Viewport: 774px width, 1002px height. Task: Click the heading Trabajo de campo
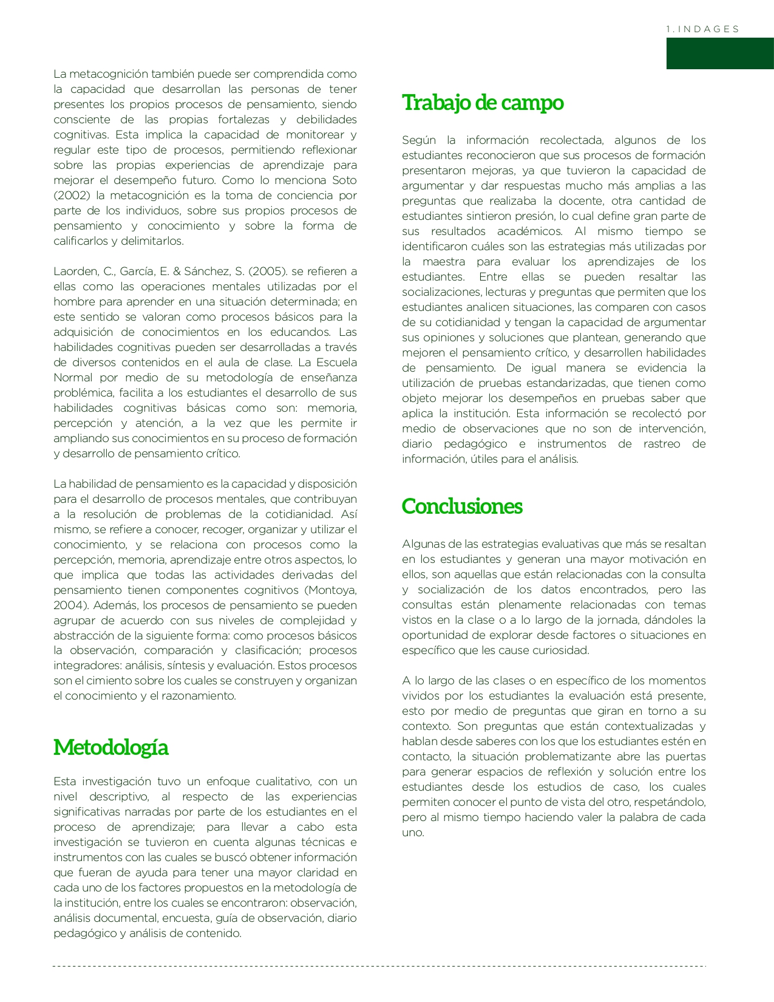click(x=483, y=103)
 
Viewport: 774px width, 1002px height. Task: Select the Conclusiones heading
click(x=462, y=506)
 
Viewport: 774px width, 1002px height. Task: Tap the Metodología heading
click(x=110, y=748)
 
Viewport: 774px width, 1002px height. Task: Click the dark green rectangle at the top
click(x=719, y=53)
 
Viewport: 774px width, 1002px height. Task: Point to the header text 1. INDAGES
click(x=702, y=29)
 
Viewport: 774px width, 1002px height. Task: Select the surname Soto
click(x=344, y=180)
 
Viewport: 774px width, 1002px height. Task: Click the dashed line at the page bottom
click(x=379, y=966)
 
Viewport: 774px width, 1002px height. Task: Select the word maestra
click(x=444, y=262)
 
